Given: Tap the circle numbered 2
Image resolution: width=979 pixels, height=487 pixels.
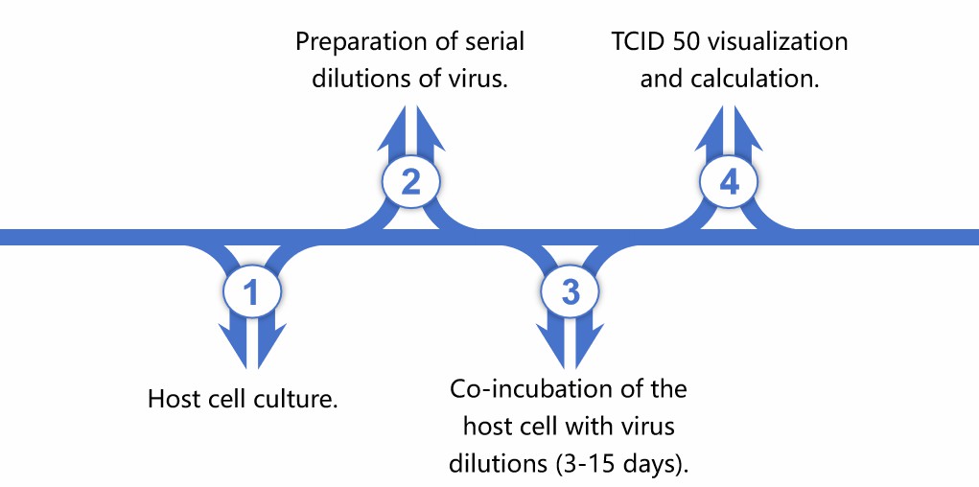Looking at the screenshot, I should click(411, 181).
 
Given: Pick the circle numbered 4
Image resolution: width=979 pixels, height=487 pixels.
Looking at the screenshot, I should click(730, 181).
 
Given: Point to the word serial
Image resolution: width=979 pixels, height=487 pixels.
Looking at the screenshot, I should click(493, 44).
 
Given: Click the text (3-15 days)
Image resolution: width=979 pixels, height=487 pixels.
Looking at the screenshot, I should click(622, 462).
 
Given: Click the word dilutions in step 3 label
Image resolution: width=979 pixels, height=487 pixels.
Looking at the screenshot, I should click(496, 462).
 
